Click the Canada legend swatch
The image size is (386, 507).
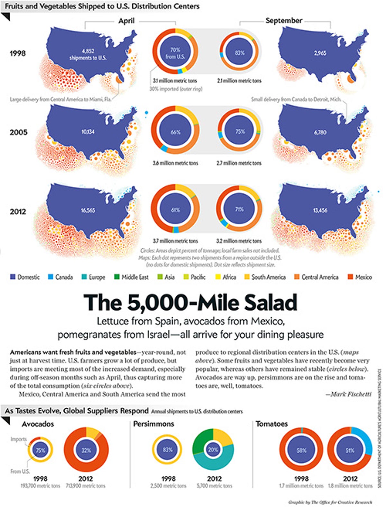[51, 277]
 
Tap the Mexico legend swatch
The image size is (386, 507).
[350, 277]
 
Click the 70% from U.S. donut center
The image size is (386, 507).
[175, 53]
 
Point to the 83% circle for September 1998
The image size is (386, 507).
[240, 53]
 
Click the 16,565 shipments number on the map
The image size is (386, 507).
[87, 210]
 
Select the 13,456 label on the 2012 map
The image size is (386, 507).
[320, 210]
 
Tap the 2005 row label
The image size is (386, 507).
[18, 132]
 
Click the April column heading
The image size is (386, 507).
[126, 21]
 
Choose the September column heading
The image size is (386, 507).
[284, 21]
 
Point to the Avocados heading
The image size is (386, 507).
[38, 424]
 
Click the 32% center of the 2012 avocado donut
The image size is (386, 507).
[86, 450]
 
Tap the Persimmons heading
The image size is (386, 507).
[153, 424]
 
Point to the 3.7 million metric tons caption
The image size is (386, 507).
[175, 241]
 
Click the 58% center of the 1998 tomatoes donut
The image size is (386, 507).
[301, 450]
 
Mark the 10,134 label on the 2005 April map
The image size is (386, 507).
[87, 131]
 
